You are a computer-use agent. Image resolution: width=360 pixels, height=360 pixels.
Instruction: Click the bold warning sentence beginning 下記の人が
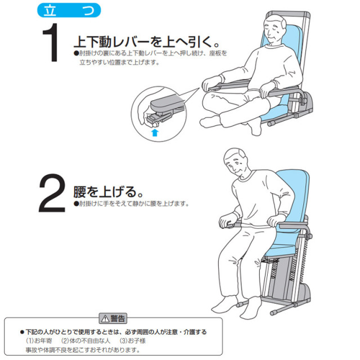(x=115, y=332)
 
